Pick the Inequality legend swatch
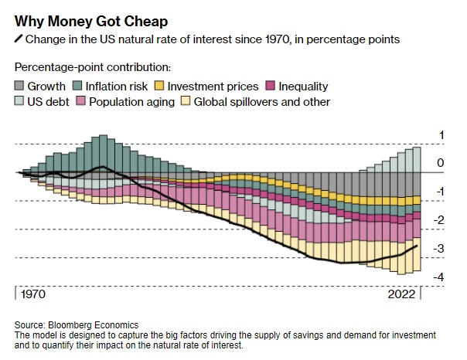(273, 87)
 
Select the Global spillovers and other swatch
(186, 102)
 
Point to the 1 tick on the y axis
(441, 136)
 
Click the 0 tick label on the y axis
(441, 164)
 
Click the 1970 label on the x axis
(32, 295)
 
